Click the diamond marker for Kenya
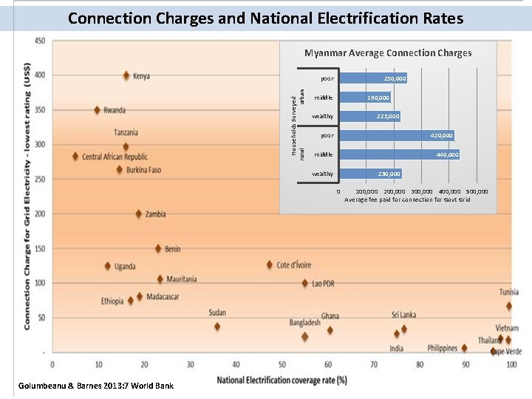(126, 75)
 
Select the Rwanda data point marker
(97, 110)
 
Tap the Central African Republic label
(115, 157)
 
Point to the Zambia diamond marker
(138, 214)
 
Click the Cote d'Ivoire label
(293, 265)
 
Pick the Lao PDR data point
(304, 283)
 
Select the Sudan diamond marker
(217, 326)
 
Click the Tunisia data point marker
(508, 306)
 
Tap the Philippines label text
(442, 348)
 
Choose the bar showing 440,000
(399, 154)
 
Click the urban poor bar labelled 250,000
(372, 78)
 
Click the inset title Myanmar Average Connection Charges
(388, 52)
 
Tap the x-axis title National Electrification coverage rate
(282, 380)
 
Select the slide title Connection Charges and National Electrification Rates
(265, 18)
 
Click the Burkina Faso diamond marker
(120, 170)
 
